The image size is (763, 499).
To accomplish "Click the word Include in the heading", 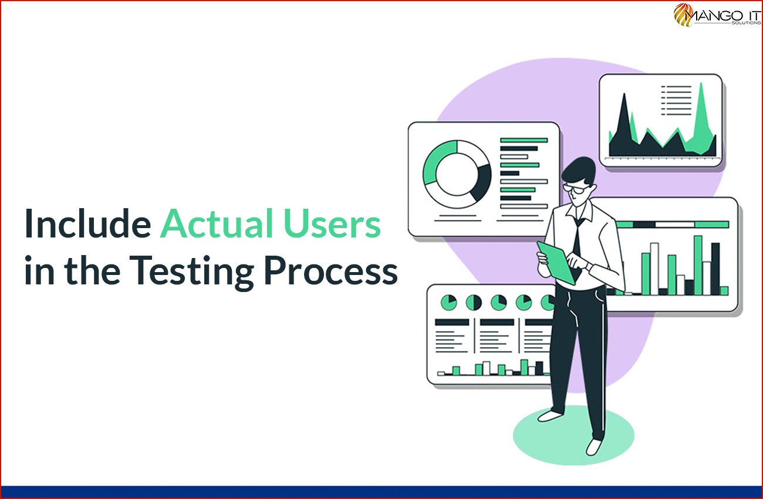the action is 88,223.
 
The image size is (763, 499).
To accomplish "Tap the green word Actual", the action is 216,223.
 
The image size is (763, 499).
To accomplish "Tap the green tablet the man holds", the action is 556,263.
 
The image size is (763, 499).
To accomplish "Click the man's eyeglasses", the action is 575,188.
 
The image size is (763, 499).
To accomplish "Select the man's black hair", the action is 578,170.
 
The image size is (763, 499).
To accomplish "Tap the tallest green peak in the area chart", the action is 701,102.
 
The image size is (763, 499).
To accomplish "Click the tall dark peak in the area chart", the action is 624,116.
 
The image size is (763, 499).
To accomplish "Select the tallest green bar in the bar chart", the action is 698,265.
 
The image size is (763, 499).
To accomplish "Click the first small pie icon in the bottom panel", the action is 449,302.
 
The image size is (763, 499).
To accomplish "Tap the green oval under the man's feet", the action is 573,435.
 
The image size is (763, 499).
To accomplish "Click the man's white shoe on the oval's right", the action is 594,447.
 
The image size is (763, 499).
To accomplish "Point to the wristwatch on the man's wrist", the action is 589,266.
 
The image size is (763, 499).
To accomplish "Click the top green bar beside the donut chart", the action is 524,140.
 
